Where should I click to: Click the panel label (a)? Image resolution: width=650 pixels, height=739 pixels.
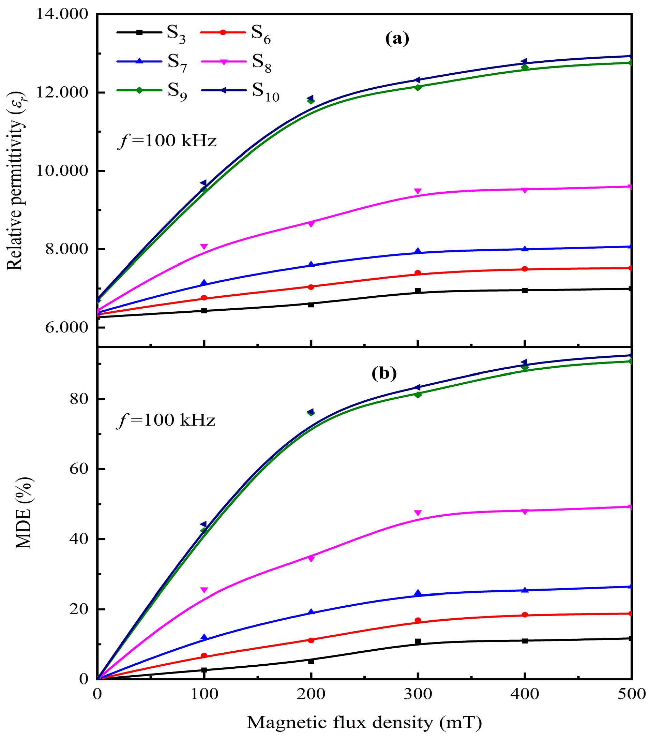pos(397,38)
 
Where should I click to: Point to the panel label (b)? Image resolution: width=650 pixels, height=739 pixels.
pos(384,373)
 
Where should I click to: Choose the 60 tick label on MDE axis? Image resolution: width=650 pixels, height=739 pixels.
pos(79,469)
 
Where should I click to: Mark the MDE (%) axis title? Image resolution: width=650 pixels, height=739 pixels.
pos(24,513)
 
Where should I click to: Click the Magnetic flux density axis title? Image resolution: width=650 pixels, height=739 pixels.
pos(364,722)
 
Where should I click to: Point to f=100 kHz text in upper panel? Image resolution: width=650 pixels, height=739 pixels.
pos(167,141)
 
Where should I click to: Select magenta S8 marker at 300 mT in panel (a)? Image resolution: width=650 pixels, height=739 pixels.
pos(418,191)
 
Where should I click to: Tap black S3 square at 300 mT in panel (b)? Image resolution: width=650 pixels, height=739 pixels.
pos(418,642)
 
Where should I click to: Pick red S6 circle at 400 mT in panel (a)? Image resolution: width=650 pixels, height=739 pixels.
pos(525,269)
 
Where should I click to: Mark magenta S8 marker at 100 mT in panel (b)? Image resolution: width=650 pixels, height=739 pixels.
pos(204,590)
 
